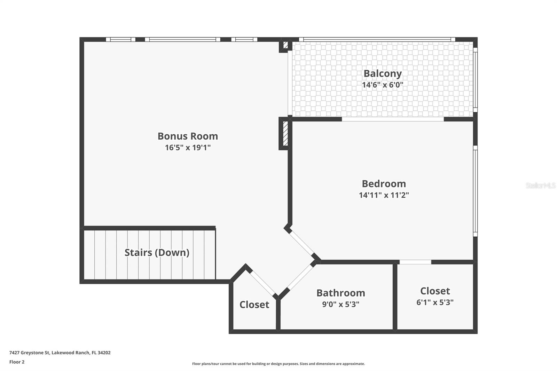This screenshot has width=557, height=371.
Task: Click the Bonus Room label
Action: point(188,136)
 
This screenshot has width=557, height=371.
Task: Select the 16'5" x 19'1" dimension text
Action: point(188,148)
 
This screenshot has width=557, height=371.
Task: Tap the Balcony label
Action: point(383,73)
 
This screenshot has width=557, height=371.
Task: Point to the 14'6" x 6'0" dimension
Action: point(383,85)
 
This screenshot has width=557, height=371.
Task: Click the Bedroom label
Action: point(384,184)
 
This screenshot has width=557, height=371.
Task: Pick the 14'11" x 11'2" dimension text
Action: point(384,195)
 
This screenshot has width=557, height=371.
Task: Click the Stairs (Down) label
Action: point(157,252)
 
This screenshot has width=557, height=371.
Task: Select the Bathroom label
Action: point(340,293)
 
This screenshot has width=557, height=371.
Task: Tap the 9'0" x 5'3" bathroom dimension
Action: point(340,304)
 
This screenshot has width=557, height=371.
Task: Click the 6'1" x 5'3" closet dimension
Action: point(435,302)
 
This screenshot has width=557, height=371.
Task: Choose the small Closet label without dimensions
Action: point(254,305)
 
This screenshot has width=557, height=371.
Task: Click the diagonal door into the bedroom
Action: point(301,243)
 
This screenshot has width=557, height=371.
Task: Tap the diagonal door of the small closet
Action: point(262,283)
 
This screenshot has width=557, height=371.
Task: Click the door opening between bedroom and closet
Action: point(415,262)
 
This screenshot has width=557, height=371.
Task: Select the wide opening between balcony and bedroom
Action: point(393,119)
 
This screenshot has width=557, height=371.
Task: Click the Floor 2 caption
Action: point(17,362)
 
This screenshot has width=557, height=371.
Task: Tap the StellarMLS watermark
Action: point(540,185)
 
